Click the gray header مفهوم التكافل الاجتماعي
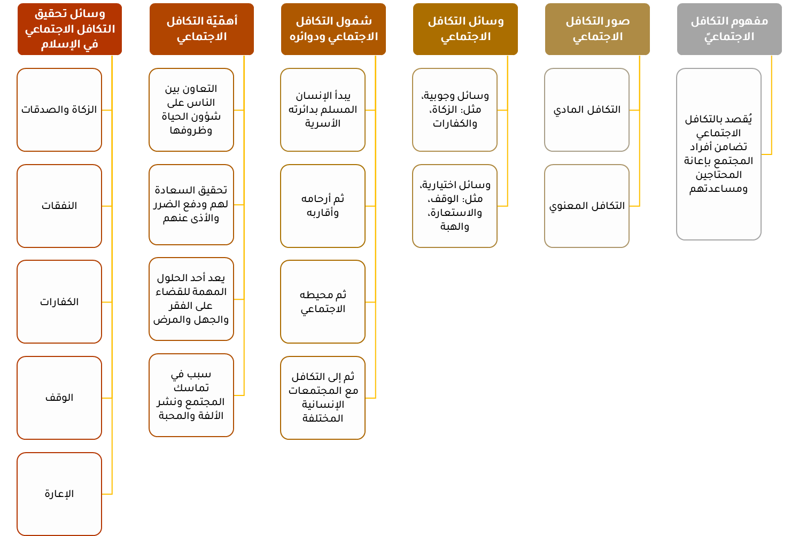click(x=729, y=29)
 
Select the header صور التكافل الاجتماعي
click(x=597, y=29)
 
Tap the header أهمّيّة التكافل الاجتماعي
click(x=201, y=29)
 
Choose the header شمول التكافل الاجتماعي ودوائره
click(x=333, y=29)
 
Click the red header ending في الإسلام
click(x=69, y=29)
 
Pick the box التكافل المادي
click(x=586, y=110)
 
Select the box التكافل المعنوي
click(x=586, y=206)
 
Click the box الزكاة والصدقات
click(x=59, y=110)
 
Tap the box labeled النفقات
click(x=59, y=206)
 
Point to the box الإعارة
click(x=59, y=494)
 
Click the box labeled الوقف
click(x=59, y=398)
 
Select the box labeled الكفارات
click(x=59, y=302)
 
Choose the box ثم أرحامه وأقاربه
click(x=322, y=206)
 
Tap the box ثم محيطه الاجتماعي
click(x=322, y=302)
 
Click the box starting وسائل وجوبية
click(x=454, y=110)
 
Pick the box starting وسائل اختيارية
click(x=454, y=206)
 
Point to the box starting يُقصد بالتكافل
click(x=718, y=154)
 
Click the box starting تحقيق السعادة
click(x=191, y=204)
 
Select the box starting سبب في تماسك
click(x=191, y=395)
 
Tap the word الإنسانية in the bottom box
click(x=323, y=405)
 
